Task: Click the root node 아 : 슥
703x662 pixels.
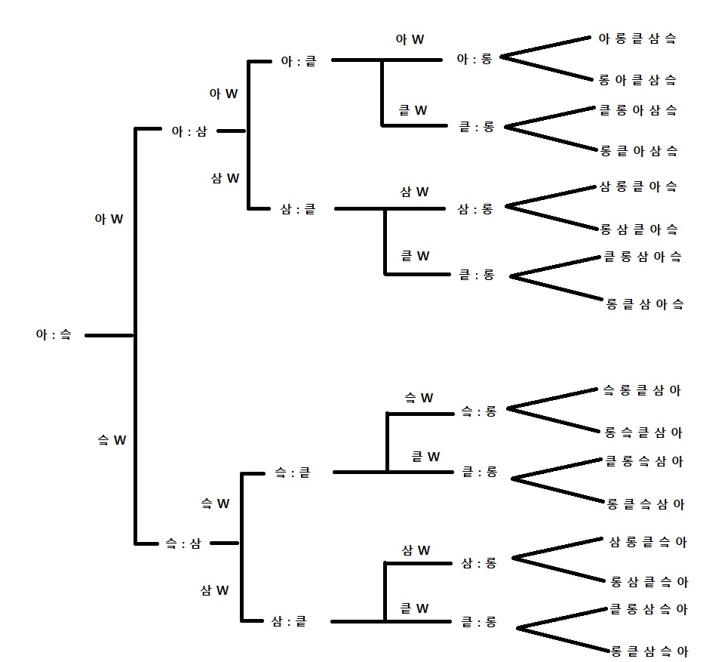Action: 53,334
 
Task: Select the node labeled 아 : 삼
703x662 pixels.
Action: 189,131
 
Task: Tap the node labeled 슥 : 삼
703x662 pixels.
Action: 183,543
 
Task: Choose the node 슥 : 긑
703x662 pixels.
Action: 292,473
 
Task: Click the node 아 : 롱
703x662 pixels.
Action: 474,59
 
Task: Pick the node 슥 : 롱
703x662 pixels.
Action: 479,411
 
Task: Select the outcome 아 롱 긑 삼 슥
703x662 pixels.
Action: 637,38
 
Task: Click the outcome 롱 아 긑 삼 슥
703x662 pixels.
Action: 637,79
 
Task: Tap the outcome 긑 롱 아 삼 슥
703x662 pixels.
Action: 637,110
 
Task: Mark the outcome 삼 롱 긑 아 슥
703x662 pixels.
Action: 637,186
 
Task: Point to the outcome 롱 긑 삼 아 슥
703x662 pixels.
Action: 645,304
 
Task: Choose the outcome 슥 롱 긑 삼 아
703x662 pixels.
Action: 642,390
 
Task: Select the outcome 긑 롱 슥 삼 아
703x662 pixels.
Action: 644,461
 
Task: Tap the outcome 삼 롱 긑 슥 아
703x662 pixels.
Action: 648,542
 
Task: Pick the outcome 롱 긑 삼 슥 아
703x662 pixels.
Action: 648,650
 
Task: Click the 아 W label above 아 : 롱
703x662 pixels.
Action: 410,40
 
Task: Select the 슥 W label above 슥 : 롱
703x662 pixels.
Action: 419,398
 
